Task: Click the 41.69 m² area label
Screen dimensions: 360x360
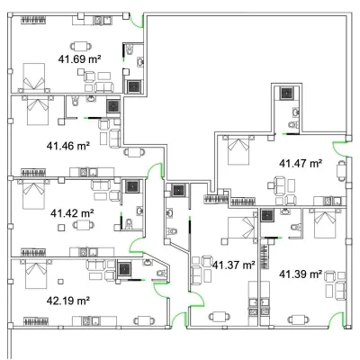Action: pos(79,59)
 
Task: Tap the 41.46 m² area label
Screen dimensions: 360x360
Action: pos(68,146)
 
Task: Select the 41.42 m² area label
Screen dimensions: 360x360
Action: pos(72,213)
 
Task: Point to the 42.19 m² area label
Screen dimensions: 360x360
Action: pos(68,301)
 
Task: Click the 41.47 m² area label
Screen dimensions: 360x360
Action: pos(301,164)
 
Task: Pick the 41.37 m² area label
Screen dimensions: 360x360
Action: pos(234,265)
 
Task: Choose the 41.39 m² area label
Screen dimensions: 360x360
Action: pos(301,274)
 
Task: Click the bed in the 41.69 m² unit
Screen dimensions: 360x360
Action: pos(34,77)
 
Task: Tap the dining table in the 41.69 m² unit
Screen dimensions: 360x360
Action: pos(81,46)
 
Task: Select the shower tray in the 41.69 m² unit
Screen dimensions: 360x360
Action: pos(134,86)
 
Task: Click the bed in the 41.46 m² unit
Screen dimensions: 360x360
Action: pos(38,110)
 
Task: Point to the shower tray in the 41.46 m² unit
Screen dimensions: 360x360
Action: pos(113,106)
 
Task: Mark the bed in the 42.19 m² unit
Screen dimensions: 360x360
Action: pos(36,274)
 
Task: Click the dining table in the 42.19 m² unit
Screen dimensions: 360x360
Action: pos(144,320)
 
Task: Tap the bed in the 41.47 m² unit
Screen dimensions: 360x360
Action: pos(238,150)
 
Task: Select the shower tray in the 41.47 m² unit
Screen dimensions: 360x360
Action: pos(287,93)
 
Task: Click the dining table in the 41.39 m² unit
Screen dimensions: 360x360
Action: pos(298,319)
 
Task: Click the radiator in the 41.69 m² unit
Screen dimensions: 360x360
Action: pos(34,20)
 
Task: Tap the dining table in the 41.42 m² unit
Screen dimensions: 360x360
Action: pos(84,225)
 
